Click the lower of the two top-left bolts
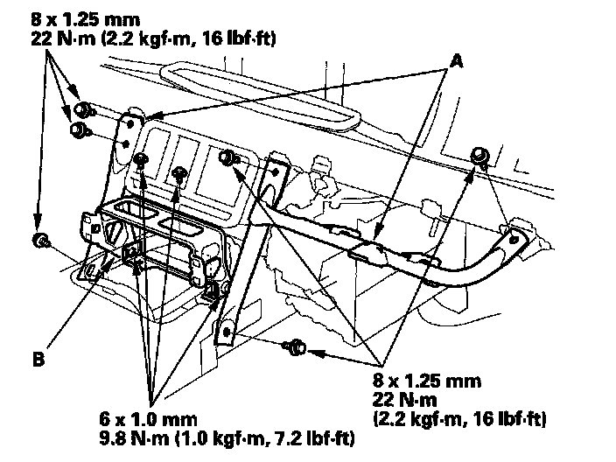tap(77, 129)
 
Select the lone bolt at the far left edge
tap(39, 240)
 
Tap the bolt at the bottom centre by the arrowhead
tap(295, 347)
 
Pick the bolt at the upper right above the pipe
tap(479, 156)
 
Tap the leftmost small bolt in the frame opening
tap(141, 159)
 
